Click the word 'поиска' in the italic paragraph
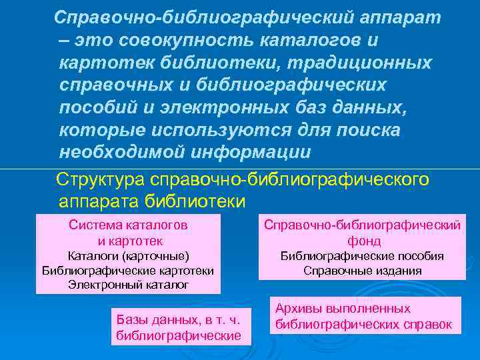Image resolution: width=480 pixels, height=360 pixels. [x=367, y=131]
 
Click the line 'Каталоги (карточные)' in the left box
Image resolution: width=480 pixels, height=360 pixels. [x=129, y=255]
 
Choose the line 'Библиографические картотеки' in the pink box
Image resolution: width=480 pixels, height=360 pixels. [x=129, y=270]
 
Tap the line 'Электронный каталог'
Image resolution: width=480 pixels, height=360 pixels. [x=129, y=285]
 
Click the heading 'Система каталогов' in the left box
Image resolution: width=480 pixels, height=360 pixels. [x=129, y=225]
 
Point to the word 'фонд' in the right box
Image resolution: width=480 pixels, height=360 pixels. [x=363, y=241]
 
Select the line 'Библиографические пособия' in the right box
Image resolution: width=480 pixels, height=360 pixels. [x=363, y=255]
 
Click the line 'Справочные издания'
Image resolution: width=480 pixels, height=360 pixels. [x=363, y=270]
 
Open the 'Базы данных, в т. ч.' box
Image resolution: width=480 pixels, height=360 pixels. [x=178, y=320]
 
